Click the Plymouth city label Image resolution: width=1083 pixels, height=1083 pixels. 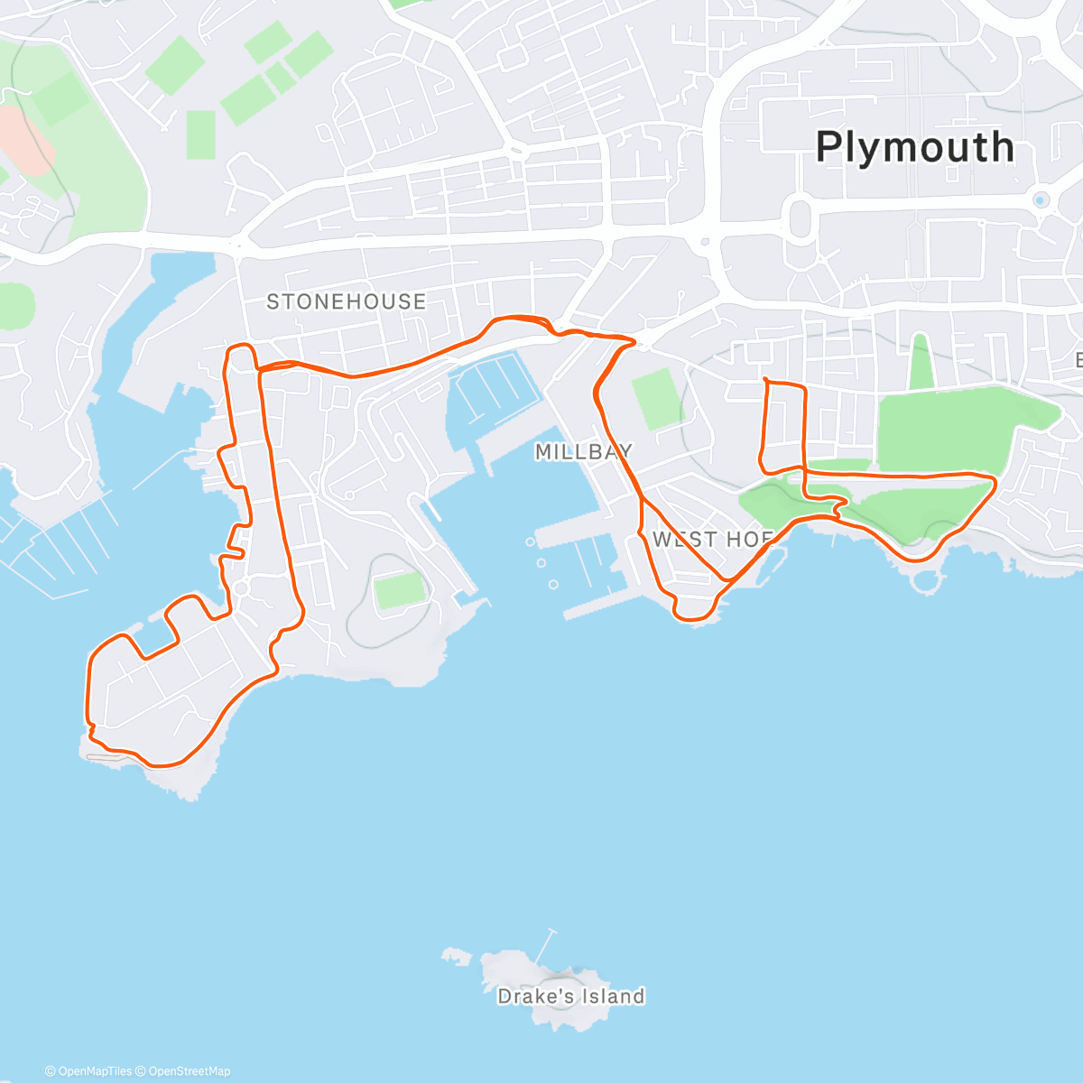coord(914,147)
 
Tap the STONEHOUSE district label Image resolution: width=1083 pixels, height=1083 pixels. coord(346,301)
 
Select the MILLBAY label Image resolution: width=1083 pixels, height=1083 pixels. coord(583,451)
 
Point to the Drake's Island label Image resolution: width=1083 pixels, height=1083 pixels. coord(570,996)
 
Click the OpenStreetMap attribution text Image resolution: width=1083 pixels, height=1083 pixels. coord(189,1071)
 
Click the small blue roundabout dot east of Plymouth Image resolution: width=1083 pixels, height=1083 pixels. coord(1040,200)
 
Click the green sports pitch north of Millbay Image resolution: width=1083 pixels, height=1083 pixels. coord(657,398)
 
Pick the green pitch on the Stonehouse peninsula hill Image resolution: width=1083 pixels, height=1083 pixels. coord(400,591)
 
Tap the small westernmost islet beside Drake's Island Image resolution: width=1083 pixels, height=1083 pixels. coord(455,954)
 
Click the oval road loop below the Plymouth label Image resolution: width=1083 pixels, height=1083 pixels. coord(801,219)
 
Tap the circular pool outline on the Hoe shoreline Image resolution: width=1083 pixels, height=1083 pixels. coord(922,579)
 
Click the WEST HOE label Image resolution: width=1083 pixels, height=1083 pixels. coord(712,540)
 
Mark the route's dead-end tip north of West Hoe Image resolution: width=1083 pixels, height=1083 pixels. coord(764,378)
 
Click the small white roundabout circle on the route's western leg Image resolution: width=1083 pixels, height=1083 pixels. coord(241,589)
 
